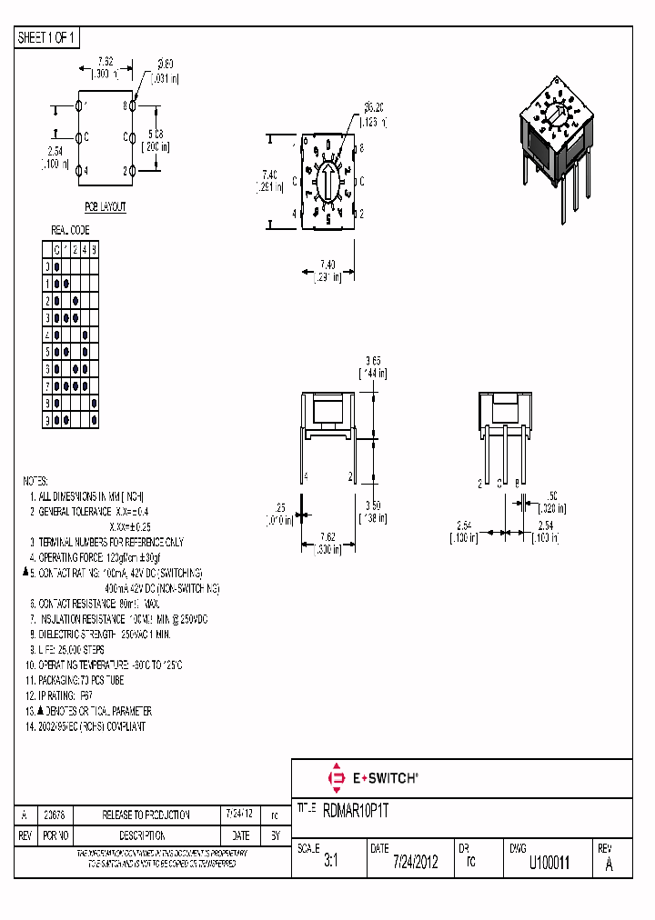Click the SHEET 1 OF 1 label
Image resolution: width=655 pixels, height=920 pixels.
click(46, 38)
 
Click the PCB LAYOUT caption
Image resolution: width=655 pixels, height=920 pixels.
click(106, 207)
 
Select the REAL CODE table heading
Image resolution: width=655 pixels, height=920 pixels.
click(70, 231)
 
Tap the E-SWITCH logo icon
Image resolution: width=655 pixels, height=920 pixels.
click(335, 777)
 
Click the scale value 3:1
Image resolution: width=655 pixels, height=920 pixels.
click(330, 863)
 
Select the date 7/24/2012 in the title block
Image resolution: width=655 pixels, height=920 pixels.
click(416, 863)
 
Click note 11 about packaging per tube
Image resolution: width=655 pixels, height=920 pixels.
click(76, 680)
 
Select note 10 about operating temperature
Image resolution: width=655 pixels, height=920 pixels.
click(106, 665)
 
